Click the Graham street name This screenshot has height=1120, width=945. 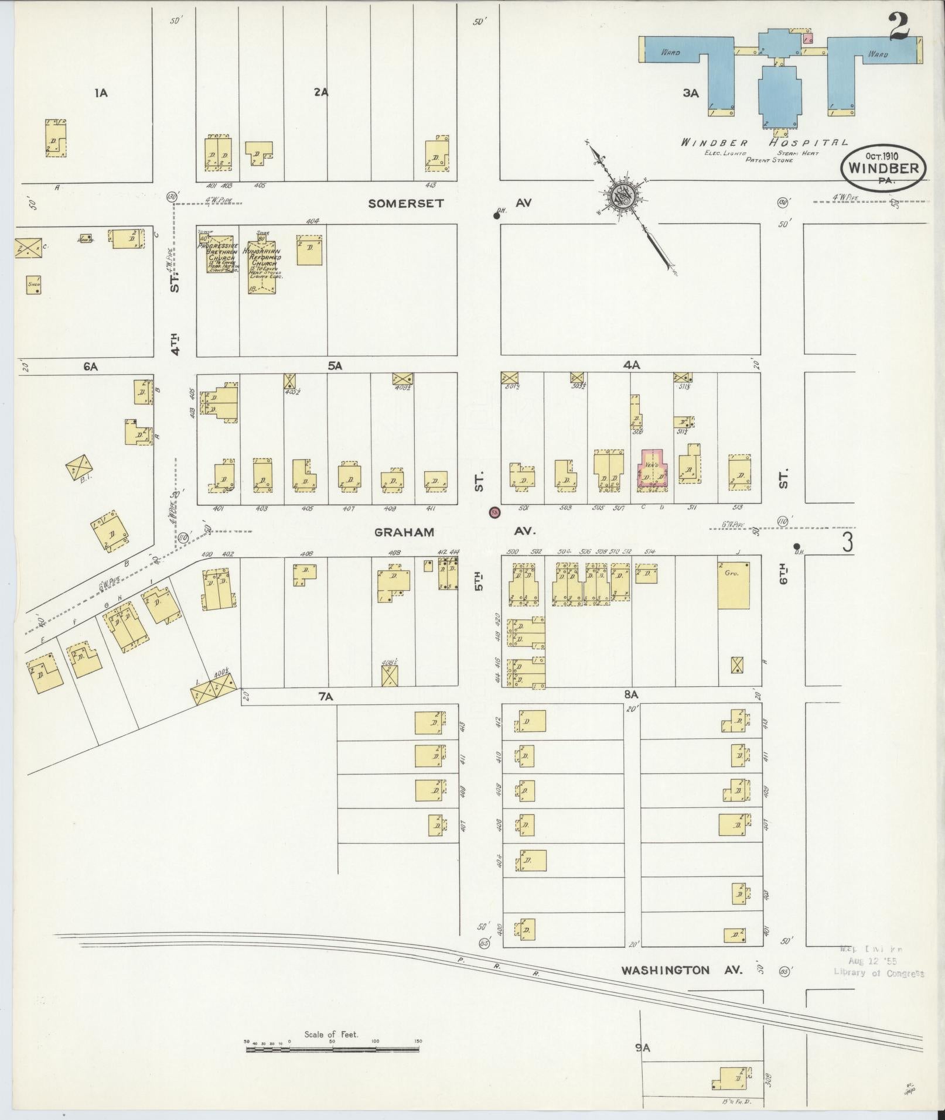404,532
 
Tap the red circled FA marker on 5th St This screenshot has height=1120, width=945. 494,512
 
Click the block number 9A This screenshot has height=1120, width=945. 643,1048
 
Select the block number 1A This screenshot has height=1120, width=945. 101,92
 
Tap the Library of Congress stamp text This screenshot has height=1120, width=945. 879,973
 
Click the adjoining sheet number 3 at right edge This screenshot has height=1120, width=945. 847,542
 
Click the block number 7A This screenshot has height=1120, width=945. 326,696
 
